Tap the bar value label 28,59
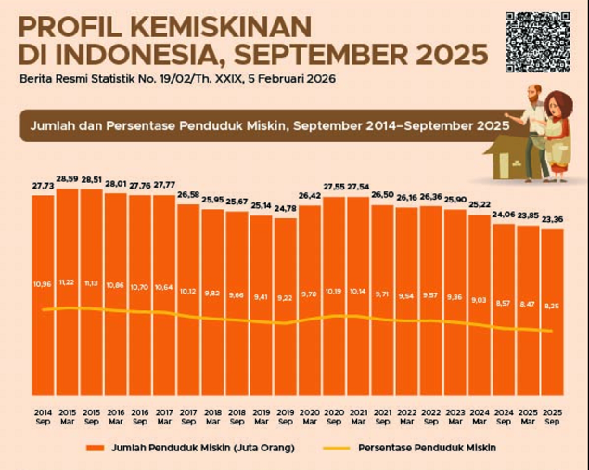pos(68,178)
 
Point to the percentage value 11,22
pos(68,281)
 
